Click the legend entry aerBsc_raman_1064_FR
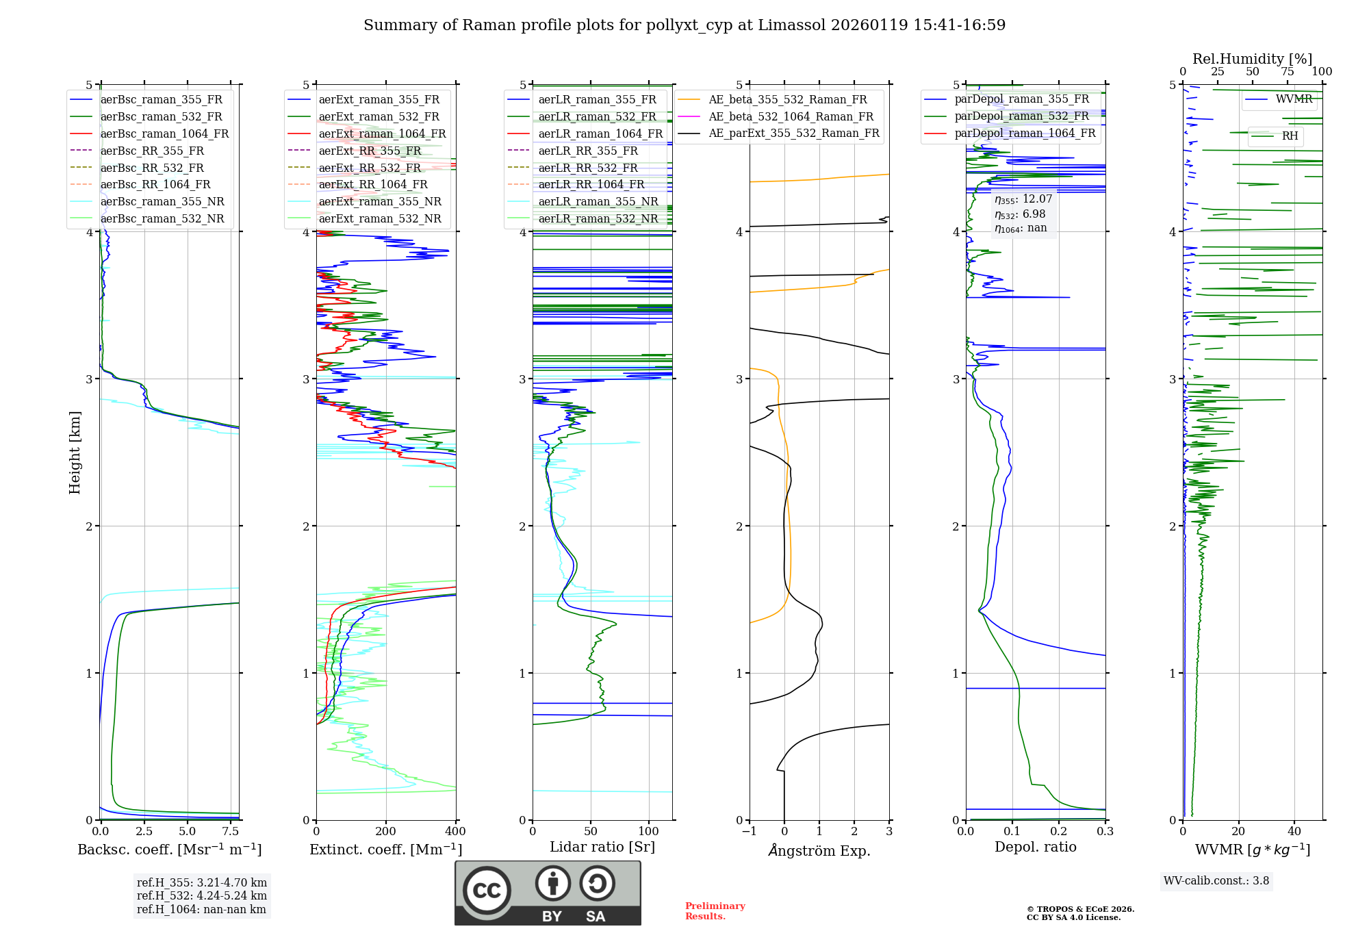164,134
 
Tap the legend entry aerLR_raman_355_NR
598,202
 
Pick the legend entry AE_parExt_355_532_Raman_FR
793,133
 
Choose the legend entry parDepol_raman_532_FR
1021,116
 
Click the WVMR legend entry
1293,99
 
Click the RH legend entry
1290,136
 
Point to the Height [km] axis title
75,452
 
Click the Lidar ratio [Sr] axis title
602,847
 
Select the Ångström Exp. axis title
819,851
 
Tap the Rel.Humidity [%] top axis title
1252,59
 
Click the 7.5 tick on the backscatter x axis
231,832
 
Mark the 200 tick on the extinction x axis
386,832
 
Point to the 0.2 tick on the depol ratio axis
1059,832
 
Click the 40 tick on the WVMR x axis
1294,832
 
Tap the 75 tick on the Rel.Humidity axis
1287,72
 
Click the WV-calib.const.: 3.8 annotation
1216,881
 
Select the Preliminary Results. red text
715,911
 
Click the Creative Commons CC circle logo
487,891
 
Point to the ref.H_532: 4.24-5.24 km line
202,896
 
